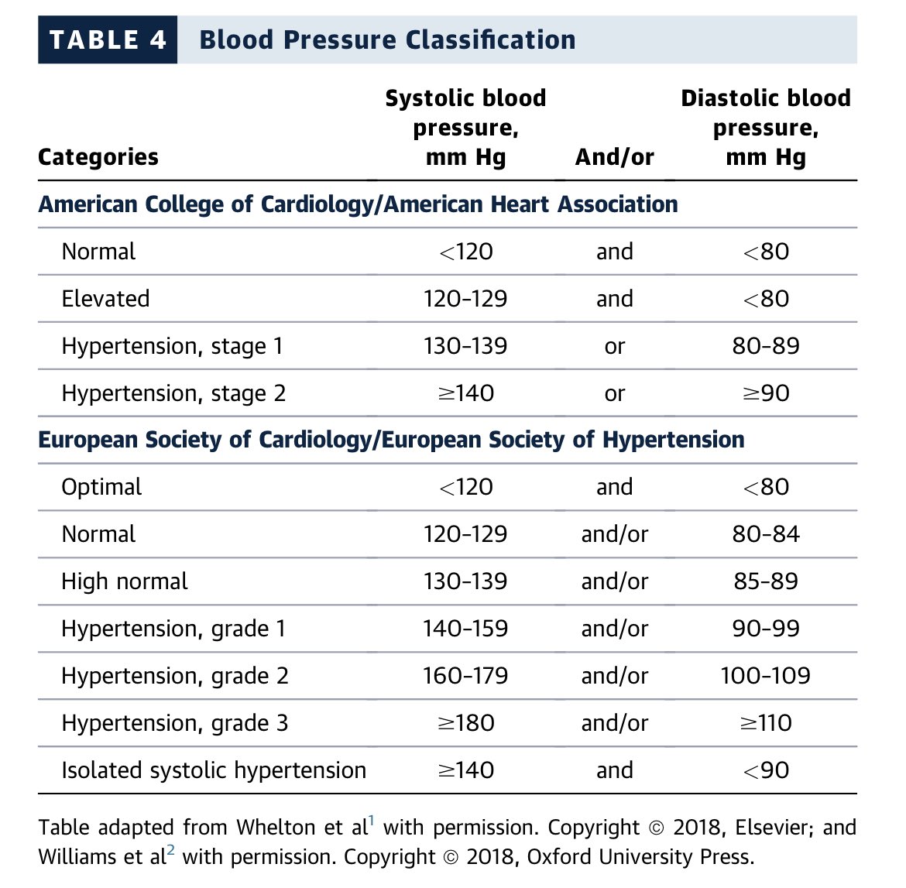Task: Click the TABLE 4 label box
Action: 108,39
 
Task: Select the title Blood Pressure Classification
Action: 387,39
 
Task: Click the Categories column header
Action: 98,157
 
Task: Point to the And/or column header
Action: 615,156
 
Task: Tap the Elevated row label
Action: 106,299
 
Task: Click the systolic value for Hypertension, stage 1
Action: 465,346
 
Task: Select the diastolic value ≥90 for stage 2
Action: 766,393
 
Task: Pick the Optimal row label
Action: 101,488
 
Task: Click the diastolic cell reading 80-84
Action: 766,534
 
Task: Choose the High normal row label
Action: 125,581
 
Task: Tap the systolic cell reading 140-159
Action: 465,629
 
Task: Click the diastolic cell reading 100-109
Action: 766,676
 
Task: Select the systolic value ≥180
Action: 465,723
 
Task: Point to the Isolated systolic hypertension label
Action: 214,771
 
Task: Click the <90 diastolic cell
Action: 766,770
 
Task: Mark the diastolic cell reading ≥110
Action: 766,723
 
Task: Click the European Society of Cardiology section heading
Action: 391,441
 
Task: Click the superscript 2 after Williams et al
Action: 171,849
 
